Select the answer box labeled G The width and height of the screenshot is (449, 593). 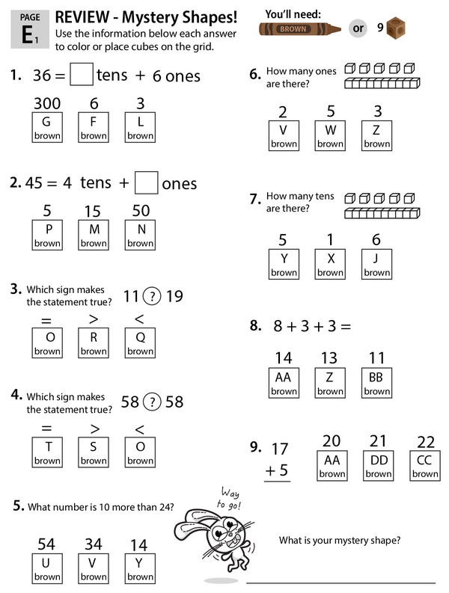coord(47,126)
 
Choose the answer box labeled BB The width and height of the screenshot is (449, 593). coord(376,382)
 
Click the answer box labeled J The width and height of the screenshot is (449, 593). coord(376,264)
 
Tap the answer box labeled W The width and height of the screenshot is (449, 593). coord(329,135)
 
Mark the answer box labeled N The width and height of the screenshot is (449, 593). coord(140,234)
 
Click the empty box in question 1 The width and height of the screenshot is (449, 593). coord(82,75)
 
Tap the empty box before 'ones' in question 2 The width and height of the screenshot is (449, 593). coord(147,182)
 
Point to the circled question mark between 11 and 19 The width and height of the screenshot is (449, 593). coord(151,296)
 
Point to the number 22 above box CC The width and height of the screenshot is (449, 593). coord(424,440)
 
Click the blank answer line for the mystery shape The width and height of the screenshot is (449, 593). coord(340,581)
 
